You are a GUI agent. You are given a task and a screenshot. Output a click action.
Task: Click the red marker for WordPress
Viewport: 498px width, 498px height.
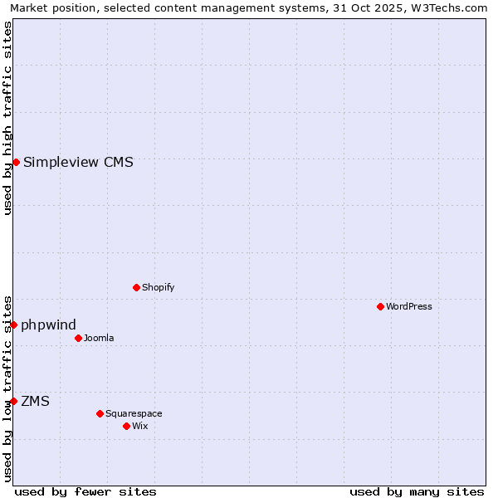pos(381,307)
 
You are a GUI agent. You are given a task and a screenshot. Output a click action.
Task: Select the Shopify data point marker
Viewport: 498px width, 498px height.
pos(137,288)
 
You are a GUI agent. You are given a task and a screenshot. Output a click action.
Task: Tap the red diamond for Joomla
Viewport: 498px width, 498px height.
pos(79,339)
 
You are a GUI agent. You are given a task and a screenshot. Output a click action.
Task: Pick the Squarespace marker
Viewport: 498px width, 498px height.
pos(100,413)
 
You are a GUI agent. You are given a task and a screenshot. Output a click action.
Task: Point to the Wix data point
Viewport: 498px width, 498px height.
pos(127,427)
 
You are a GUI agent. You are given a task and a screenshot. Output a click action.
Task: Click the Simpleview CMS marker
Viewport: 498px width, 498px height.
pos(16,163)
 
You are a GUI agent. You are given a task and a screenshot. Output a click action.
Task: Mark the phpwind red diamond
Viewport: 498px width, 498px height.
pos(14,325)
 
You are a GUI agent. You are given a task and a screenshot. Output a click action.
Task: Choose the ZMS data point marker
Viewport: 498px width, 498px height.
pos(14,402)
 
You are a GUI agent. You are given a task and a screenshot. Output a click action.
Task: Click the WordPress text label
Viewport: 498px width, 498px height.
pos(409,307)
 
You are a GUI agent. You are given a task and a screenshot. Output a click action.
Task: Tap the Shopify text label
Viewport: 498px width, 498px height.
pos(159,288)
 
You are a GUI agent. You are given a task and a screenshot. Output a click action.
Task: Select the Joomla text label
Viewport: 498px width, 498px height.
pos(99,339)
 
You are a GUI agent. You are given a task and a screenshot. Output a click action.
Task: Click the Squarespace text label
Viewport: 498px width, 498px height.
pos(134,414)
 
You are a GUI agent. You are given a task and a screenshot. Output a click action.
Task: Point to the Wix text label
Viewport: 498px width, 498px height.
pos(140,427)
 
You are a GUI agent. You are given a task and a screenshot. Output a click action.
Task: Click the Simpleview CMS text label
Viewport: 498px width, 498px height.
pos(78,163)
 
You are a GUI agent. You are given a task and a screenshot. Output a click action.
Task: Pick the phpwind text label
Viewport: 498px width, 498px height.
pos(49,325)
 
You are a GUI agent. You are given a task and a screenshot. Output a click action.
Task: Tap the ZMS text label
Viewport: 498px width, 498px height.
pos(35,402)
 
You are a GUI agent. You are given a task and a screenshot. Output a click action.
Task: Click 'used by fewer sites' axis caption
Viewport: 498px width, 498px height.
pos(85,491)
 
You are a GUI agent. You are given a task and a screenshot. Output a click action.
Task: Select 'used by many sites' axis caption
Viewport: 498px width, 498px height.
pos(417,491)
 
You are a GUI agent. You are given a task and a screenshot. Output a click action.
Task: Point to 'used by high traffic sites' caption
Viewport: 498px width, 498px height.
pos(7,118)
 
